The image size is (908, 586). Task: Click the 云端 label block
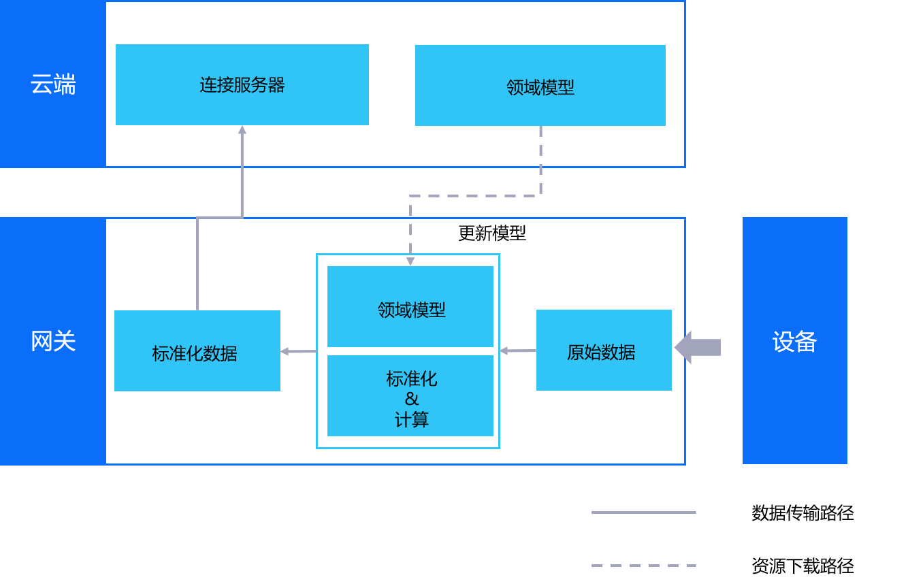point(52,84)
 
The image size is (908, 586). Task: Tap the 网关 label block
point(52,341)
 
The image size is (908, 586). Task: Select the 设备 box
point(794,341)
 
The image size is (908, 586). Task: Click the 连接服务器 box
point(242,85)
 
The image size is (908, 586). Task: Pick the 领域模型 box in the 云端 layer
point(540,86)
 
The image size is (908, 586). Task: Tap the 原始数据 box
point(604,351)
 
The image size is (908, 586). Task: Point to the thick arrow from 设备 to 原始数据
point(698,348)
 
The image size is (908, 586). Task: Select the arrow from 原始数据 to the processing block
point(518,351)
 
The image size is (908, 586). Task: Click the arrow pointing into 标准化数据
point(298,352)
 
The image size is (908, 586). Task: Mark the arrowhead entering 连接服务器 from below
point(242,129)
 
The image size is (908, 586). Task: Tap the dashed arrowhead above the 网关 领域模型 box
point(410,261)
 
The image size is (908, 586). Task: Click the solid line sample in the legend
point(643,512)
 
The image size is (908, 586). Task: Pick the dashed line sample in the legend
point(643,566)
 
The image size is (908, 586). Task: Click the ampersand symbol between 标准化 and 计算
point(411,399)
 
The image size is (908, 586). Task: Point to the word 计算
point(411,419)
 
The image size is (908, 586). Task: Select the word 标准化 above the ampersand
point(411,378)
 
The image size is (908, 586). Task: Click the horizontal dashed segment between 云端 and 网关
point(475,196)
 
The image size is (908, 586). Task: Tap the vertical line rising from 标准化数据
point(197,265)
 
